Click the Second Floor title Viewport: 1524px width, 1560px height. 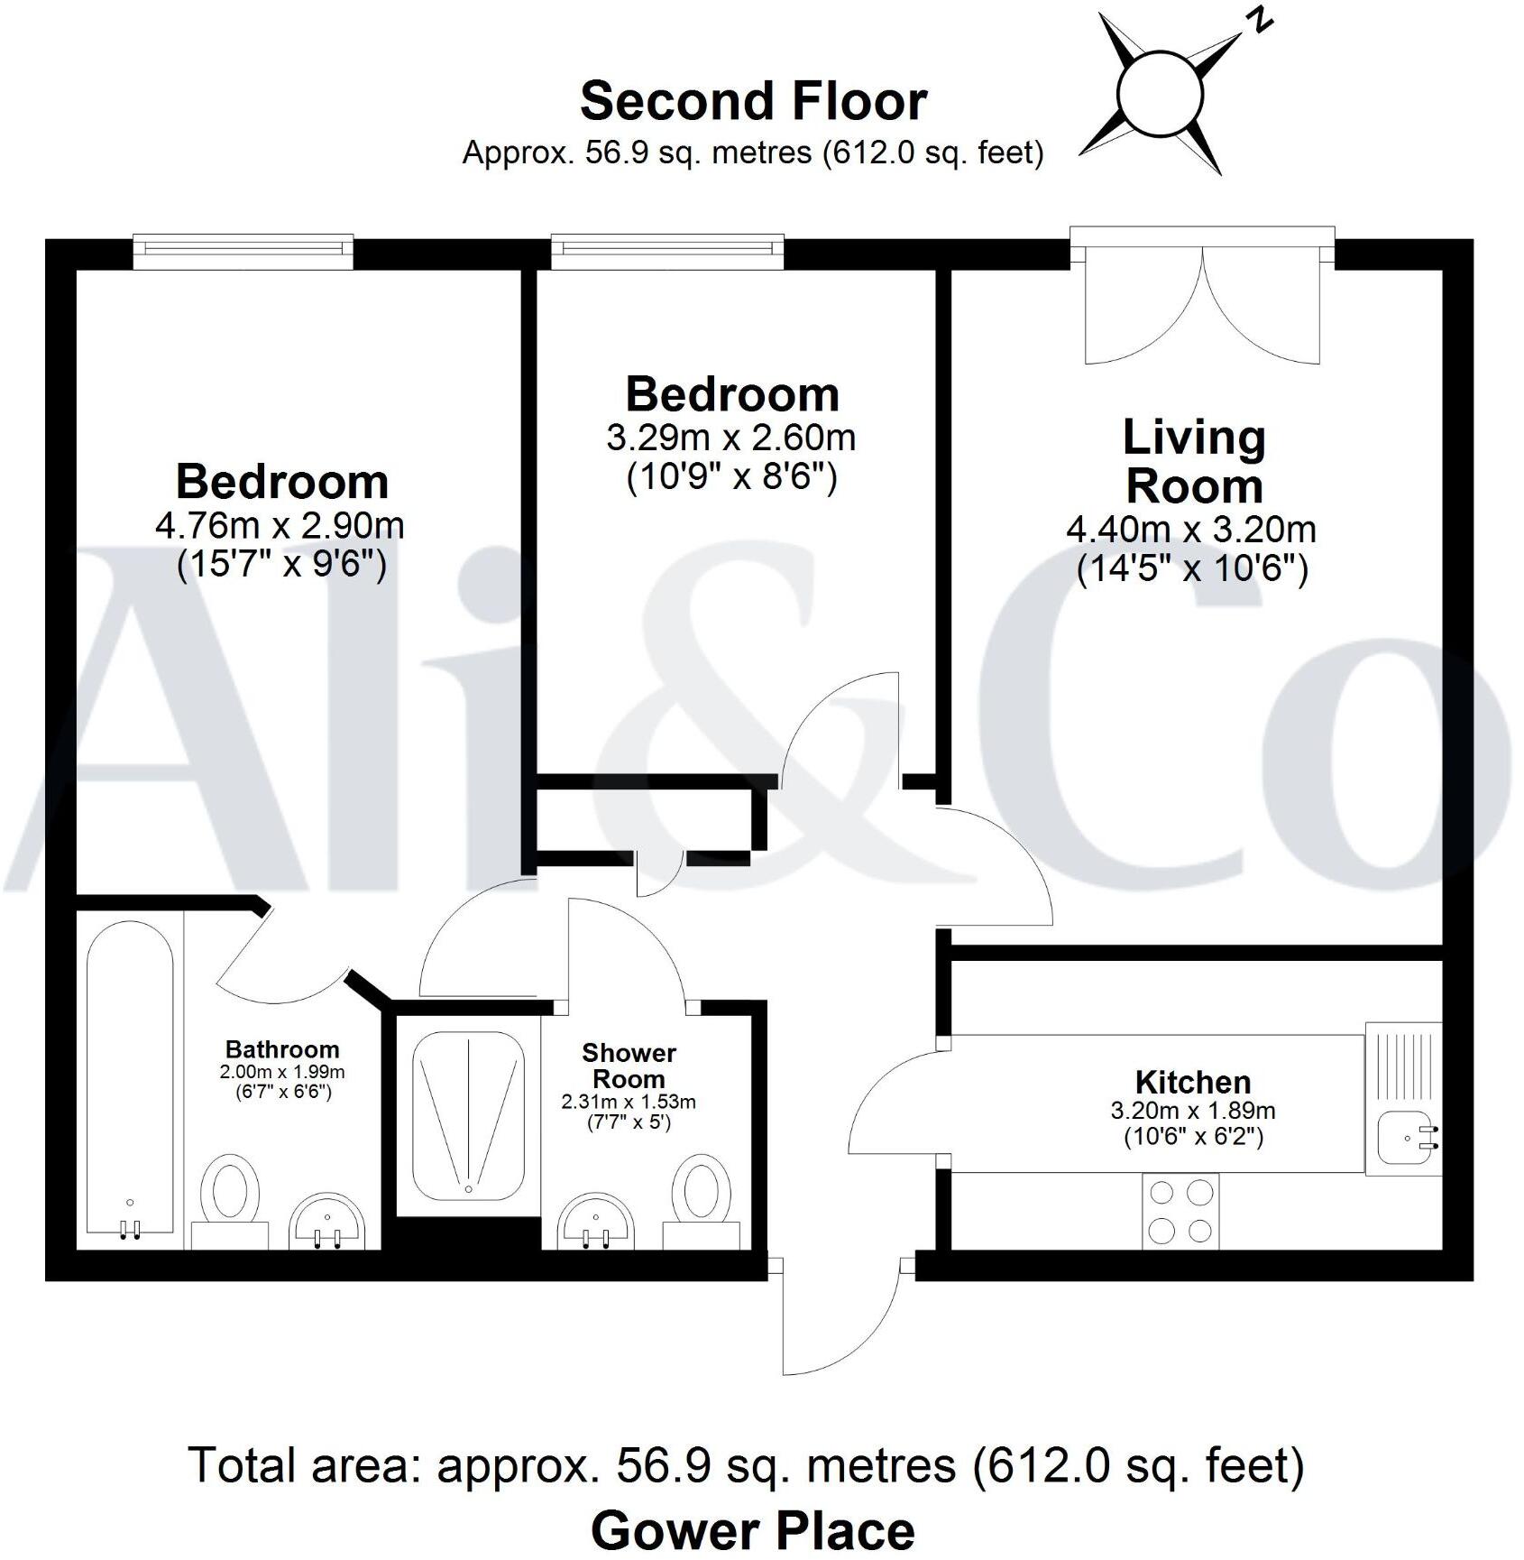point(753,101)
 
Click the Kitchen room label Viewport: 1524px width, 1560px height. point(1192,1082)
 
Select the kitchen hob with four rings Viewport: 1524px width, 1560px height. point(1180,1212)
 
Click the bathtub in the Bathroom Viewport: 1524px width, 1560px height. point(130,1078)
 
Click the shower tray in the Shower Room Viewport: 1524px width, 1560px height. point(468,1116)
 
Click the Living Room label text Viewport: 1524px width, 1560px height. point(1194,462)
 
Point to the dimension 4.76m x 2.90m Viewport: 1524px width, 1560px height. point(280,526)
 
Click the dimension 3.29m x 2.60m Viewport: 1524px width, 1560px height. point(730,438)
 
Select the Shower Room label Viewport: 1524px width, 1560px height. point(629,1066)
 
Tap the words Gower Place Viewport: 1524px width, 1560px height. point(753,1529)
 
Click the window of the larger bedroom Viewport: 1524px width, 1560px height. point(243,252)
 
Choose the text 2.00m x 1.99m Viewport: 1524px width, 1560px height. point(281,1073)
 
